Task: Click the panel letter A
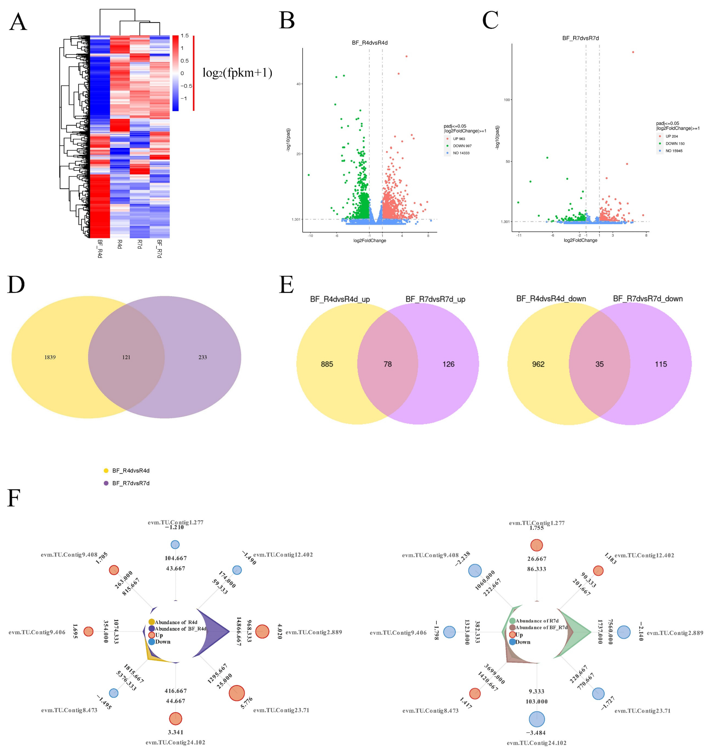tap(18, 22)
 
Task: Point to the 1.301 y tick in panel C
tap(505, 221)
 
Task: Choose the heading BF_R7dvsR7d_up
tap(435, 299)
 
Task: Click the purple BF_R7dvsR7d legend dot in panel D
tap(106, 483)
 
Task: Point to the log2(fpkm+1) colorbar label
tap(237, 73)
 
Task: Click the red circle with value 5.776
tap(237, 693)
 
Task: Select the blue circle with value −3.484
tap(537, 719)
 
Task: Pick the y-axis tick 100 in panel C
tap(506, 100)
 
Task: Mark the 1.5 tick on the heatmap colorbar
tap(184, 36)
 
